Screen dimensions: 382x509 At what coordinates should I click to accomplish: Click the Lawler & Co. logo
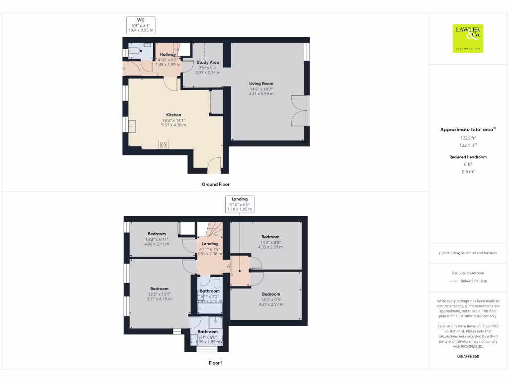click(x=468, y=38)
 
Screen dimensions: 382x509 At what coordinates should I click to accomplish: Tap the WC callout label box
click(x=141, y=25)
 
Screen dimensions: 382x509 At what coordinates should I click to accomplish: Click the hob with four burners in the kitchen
click(x=163, y=145)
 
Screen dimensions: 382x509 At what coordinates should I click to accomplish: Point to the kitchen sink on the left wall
click(x=132, y=126)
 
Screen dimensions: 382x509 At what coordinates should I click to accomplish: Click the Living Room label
click(x=261, y=84)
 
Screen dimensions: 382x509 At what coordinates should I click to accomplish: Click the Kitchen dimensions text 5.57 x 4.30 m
click(x=173, y=125)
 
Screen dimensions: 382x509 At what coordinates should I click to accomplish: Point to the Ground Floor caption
click(x=215, y=184)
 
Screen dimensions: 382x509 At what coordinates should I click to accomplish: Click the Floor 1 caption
click(x=215, y=363)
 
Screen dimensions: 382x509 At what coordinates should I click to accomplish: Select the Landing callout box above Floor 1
click(x=240, y=204)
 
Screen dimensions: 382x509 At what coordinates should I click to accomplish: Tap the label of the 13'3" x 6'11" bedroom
click(x=157, y=234)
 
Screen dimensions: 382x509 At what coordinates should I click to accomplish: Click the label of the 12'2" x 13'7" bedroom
click(x=159, y=289)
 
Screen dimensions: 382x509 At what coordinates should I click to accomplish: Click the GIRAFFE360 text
click(x=467, y=356)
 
